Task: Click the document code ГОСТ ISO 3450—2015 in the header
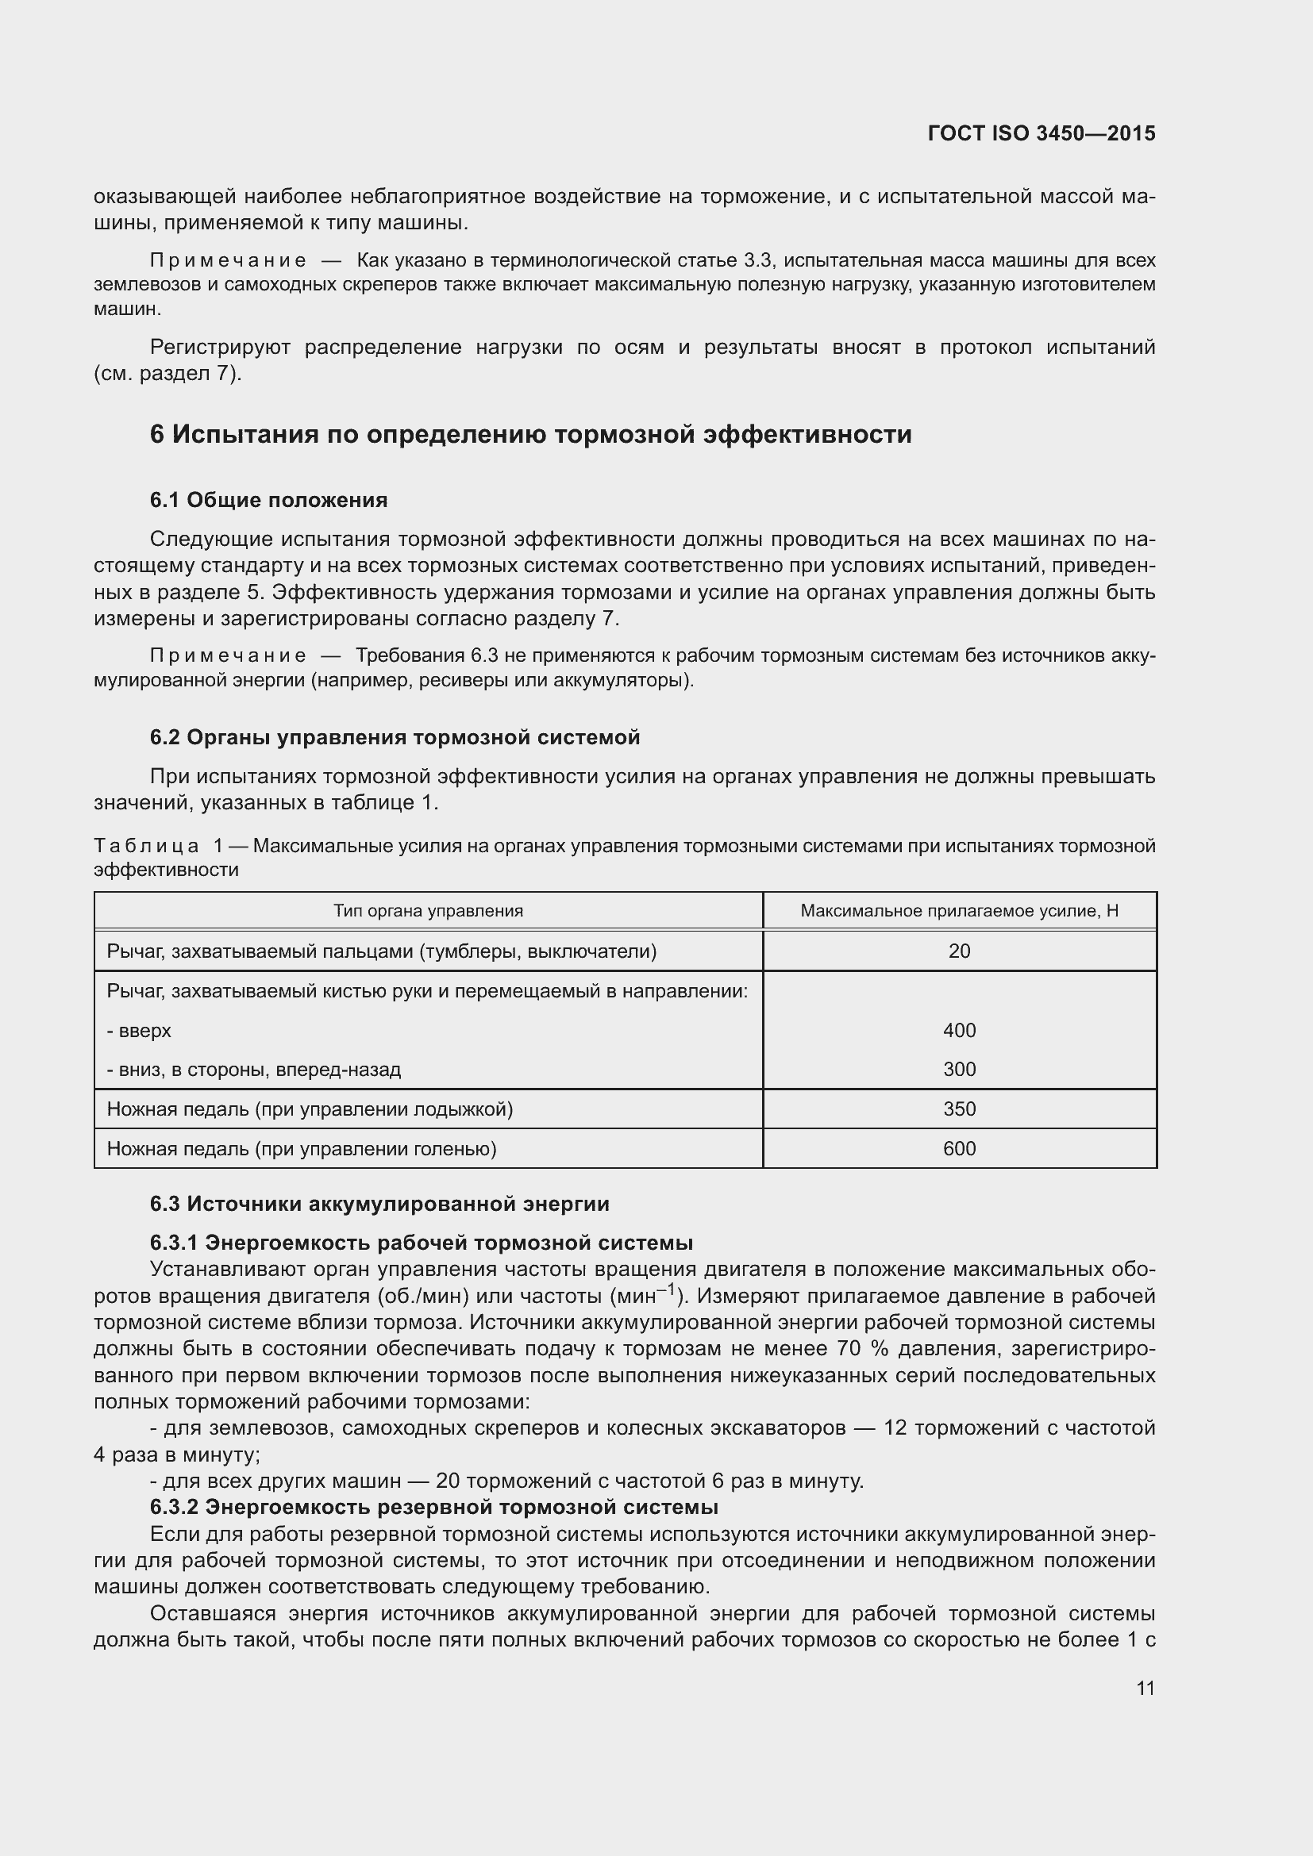1042,133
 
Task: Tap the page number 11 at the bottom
1145,1688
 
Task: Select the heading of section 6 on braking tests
530,435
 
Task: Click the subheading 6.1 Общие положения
268,501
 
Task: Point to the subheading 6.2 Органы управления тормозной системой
395,737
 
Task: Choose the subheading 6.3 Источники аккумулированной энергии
379,1204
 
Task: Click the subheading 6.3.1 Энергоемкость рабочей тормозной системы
422,1243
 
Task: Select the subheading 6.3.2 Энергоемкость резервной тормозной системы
434,1507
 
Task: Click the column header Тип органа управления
428,911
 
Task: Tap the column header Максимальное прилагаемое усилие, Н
959,911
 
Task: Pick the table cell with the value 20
959,951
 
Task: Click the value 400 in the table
959,1030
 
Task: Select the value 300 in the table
959,1070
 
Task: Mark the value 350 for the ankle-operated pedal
959,1109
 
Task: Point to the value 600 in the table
959,1149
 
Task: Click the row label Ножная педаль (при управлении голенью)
301,1149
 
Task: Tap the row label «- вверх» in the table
139,1031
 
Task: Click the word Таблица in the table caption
146,847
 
